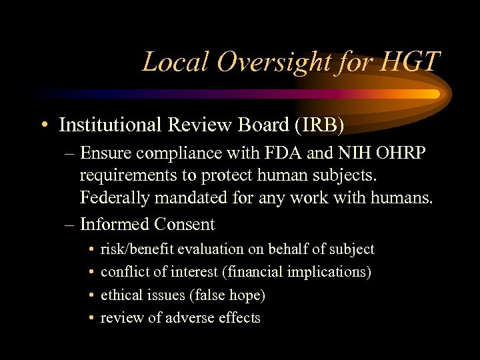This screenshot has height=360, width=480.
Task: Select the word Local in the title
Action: coord(171,62)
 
